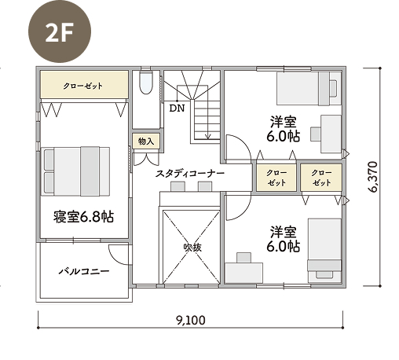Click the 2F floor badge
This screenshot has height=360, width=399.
(60, 31)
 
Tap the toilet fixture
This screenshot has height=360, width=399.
(145, 82)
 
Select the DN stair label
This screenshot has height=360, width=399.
(177, 108)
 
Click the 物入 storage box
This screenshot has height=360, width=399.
(146, 141)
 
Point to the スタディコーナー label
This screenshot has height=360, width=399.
(190, 174)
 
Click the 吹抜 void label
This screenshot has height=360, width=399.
(192, 248)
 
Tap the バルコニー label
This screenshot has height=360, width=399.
(84, 271)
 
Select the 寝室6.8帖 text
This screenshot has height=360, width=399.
(84, 217)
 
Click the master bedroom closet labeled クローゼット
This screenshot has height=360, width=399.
(84, 85)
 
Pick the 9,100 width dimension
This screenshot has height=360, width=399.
(191, 320)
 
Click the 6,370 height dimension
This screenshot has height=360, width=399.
(374, 177)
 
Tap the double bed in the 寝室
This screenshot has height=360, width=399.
(75, 171)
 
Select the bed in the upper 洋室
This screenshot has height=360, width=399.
(309, 89)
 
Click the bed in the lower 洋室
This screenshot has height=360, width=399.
(324, 251)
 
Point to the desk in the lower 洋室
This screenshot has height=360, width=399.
(244, 273)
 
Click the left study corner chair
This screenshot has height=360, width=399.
(178, 186)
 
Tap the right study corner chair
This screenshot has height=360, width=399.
(205, 186)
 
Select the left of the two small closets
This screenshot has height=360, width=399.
(276, 178)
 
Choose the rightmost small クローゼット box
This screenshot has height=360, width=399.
(321, 178)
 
